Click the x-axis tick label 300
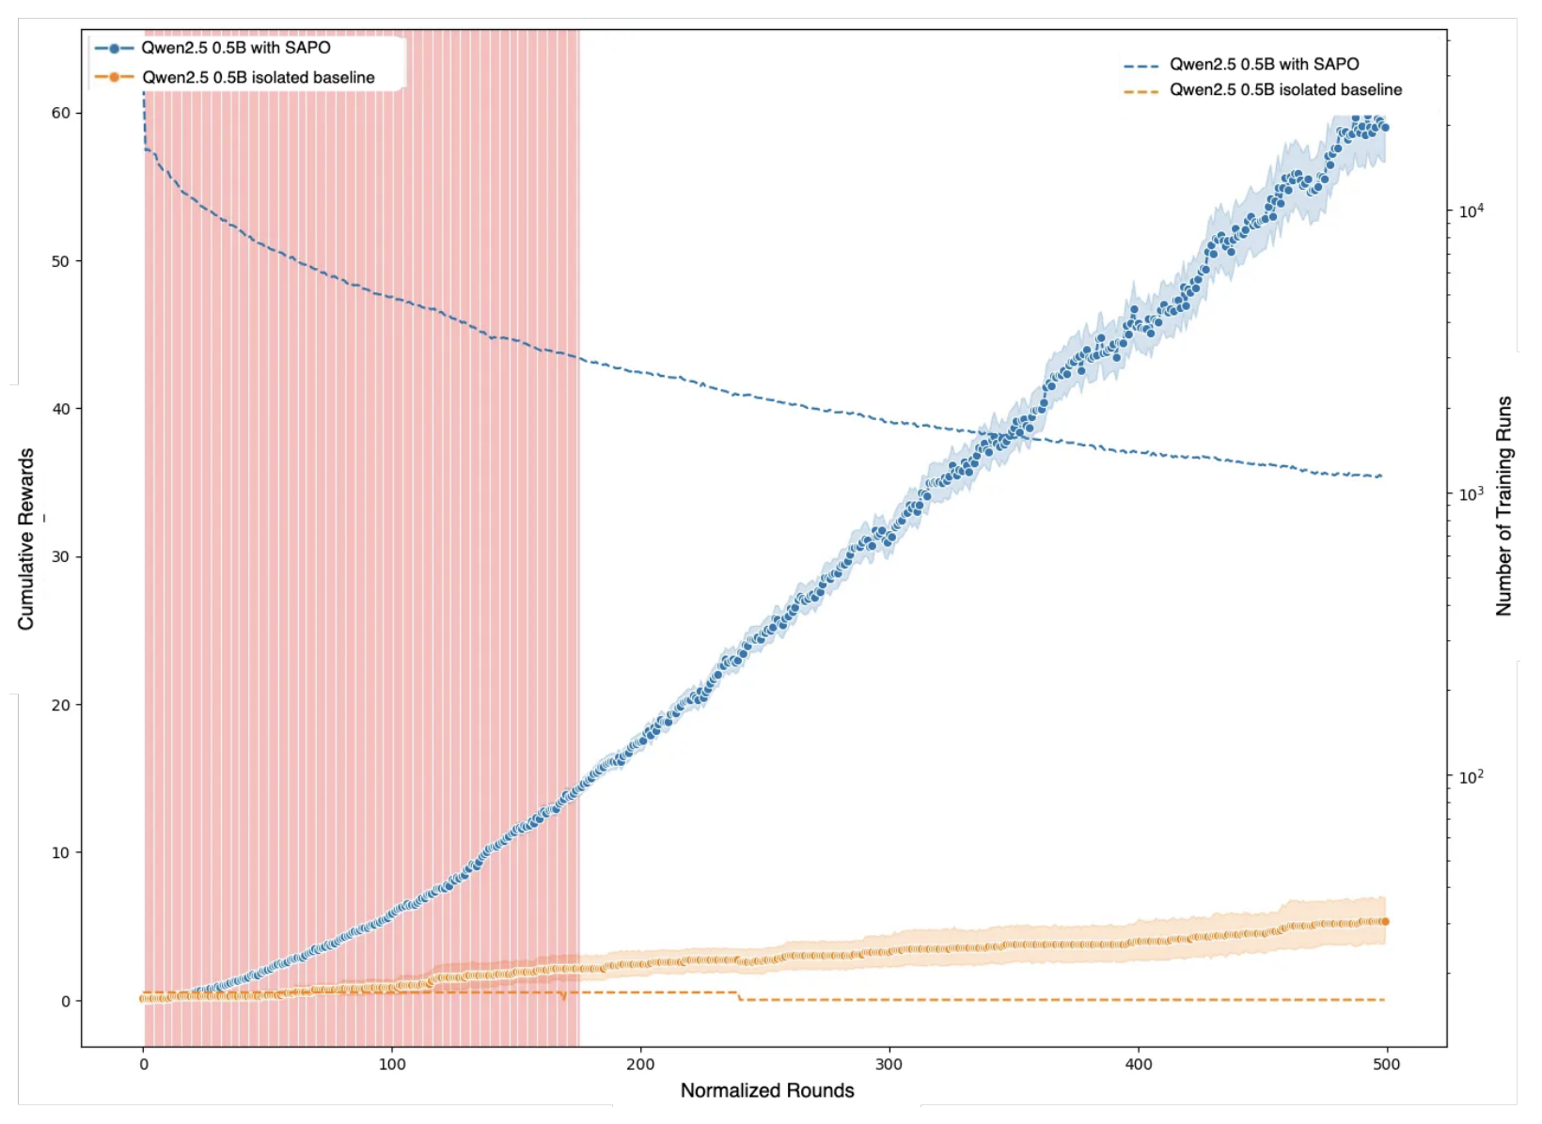coord(889,1065)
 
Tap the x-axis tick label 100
coord(392,1065)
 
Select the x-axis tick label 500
coord(1386,1065)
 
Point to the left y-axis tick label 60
coord(60,113)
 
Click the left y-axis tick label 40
coord(60,409)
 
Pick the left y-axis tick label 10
coord(60,852)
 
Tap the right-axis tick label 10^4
coord(1471,211)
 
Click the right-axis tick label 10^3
coord(1471,492)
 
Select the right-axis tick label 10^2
coord(1471,776)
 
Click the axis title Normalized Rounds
coord(767,1090)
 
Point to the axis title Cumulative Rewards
coord(26,539)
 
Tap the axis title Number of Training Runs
coord(1504,506)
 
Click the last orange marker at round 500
coord(1384,922)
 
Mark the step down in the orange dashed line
coord(739,996)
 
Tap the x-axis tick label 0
coord(144,1065)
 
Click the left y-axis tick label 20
coord(60,705)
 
